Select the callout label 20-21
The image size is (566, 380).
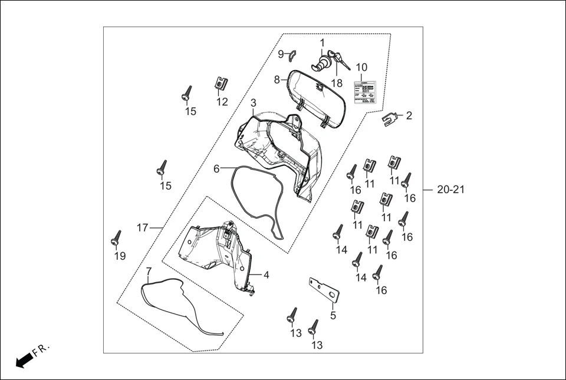[x=451, y=190]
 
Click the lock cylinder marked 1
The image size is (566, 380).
[x=323, y=62]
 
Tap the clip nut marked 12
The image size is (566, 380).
[x=221, y=84]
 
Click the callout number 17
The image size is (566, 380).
[x=142, y=227]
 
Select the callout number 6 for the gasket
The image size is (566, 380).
[x=216, y=168]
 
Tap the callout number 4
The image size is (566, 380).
[x=266, y=275]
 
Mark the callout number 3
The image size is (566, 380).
[x=253, y=103]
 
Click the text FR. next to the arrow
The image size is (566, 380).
[x=42, y=351]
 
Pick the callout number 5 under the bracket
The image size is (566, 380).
[x=333, y=316]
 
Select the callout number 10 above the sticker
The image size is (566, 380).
[x=361, y=67]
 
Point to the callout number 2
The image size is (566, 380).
[x=409, y=115]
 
